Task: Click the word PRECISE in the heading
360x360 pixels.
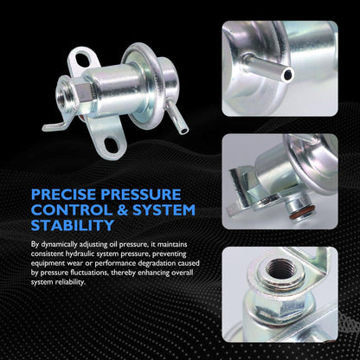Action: click(64, 195)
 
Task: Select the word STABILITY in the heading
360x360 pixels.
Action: click(73, 225)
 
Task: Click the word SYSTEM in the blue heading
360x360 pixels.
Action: click(164, 210)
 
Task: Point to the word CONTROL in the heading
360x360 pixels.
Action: click(72, 210)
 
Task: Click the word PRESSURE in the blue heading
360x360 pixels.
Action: click(141, 195)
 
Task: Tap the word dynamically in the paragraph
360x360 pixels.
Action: click(59, 245)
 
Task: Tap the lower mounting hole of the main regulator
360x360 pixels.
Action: click(111, 145)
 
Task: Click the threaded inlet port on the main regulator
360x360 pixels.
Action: click(65, 93)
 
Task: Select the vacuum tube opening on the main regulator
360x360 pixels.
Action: click(184, 131)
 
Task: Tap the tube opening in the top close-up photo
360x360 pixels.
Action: click(288, 75)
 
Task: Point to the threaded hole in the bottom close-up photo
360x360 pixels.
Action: click(280, 269)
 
